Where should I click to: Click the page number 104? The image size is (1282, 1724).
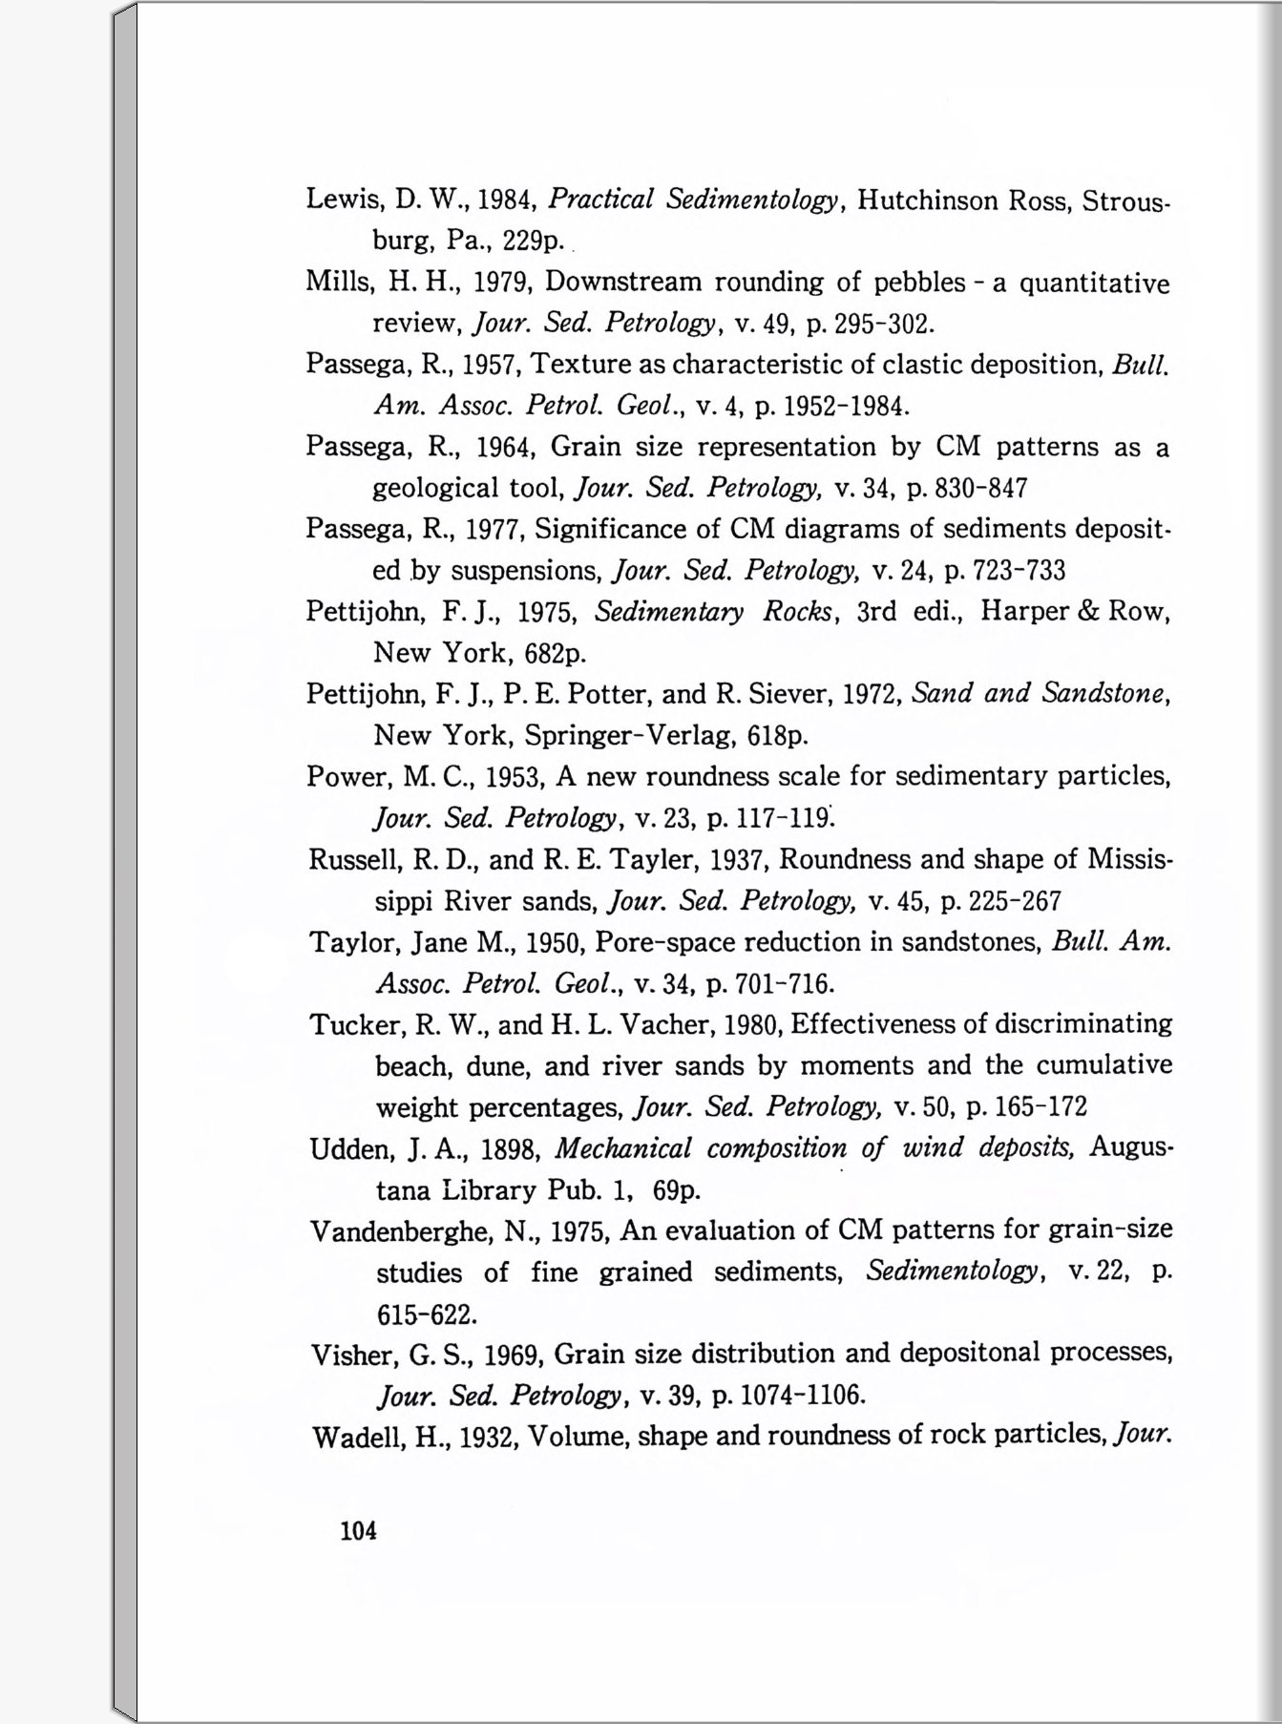coord(358,1531)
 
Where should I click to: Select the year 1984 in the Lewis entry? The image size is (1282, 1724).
coord(503,200)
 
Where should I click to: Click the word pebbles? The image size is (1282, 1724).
coord(914,283)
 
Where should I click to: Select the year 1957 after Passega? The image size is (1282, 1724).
coord(489,365)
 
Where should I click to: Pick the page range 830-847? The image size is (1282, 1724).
coord(981,489)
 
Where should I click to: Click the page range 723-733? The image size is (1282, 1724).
coord(1018,571)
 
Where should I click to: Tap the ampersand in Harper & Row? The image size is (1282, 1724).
coord(1088,611)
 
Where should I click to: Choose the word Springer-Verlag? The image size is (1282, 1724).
coord(630,736)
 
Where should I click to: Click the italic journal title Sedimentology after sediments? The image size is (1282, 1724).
coord(952,1272)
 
